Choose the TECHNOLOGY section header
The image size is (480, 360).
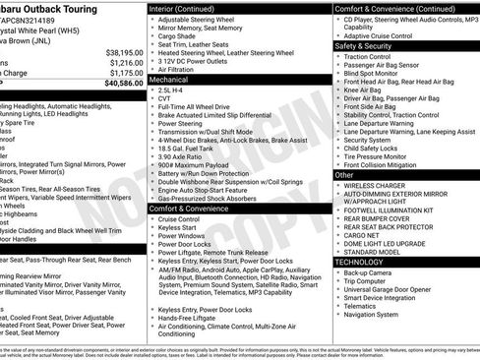click(x=361, y=263)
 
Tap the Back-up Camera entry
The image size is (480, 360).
click(x=370, y=272)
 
